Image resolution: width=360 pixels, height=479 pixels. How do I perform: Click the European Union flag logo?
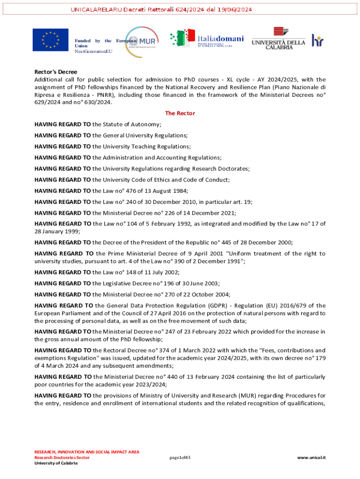50,40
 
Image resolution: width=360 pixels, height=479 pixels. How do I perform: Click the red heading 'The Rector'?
180,113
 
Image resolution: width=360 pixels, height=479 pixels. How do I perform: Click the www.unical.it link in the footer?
311,457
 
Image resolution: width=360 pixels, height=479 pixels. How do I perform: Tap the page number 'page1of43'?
180,457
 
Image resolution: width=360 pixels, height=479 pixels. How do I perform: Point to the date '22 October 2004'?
175,294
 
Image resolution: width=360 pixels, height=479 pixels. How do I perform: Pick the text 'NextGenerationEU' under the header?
94,51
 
